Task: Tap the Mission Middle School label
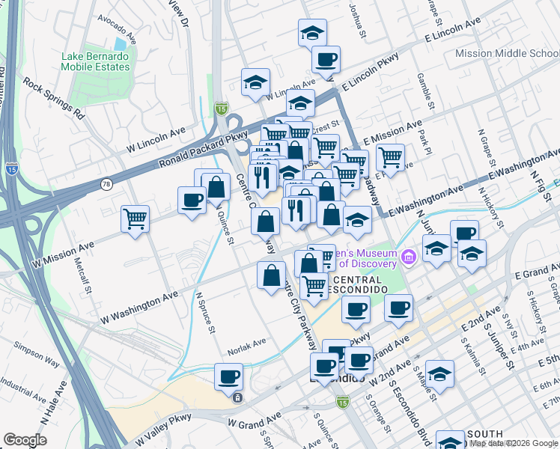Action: (507, 54)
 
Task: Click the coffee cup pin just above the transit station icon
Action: (228, 376)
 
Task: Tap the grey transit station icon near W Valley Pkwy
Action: (237, 397)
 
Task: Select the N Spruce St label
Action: (206, 312)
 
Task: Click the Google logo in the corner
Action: (25, 440)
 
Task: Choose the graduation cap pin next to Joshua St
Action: (312, 33)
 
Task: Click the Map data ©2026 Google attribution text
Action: (514, 443)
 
